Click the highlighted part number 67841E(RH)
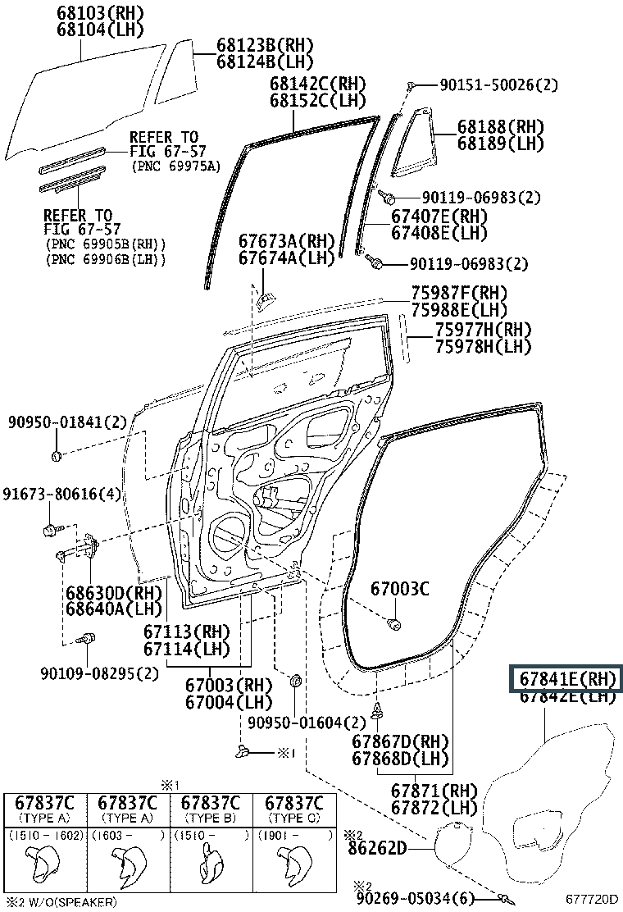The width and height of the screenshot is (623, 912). point(566,679)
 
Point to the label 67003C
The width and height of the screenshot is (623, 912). point(399,588)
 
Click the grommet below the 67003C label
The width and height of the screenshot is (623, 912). point(394,626)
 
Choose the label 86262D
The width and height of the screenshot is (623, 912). point(376,848)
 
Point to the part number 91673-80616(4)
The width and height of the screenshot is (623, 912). point(61,495)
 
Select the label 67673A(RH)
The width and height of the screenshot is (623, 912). point(287,241)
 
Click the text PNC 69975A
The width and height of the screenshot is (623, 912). point(176,166)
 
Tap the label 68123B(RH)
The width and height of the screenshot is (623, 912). point(265,45)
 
